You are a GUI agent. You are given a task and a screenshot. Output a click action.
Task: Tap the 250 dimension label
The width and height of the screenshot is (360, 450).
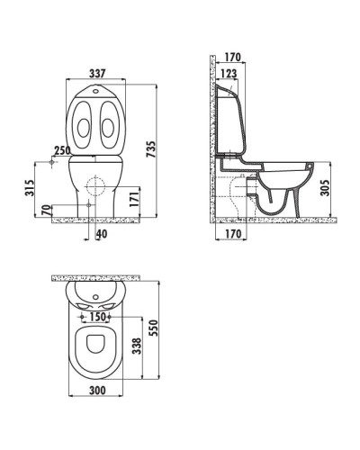(62, 150)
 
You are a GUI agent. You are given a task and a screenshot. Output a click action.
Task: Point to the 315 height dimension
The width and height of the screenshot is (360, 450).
(30, 187)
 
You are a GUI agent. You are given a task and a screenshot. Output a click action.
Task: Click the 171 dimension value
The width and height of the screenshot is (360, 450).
(133, 196)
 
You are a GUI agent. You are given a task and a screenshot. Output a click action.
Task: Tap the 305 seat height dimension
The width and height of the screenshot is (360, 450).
(326, 188)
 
